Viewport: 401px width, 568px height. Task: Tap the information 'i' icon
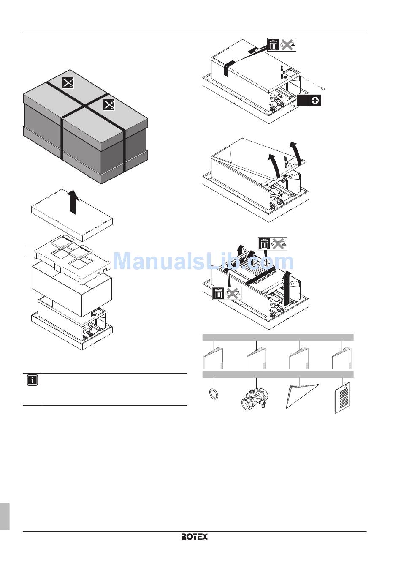33,380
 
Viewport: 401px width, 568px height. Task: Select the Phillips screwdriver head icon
315,101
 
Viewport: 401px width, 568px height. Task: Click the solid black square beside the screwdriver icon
303,101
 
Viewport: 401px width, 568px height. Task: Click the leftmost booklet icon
213,358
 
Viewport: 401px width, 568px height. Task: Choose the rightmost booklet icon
342,358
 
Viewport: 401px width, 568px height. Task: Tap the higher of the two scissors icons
68,83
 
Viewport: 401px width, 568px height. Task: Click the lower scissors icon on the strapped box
108,105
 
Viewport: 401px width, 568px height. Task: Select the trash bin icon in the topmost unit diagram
273,45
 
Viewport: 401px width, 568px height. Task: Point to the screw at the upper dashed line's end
323,88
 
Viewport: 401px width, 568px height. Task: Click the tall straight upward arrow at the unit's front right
287,288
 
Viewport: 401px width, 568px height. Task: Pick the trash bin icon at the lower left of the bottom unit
218,294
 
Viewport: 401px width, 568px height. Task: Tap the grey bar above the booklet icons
278,337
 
